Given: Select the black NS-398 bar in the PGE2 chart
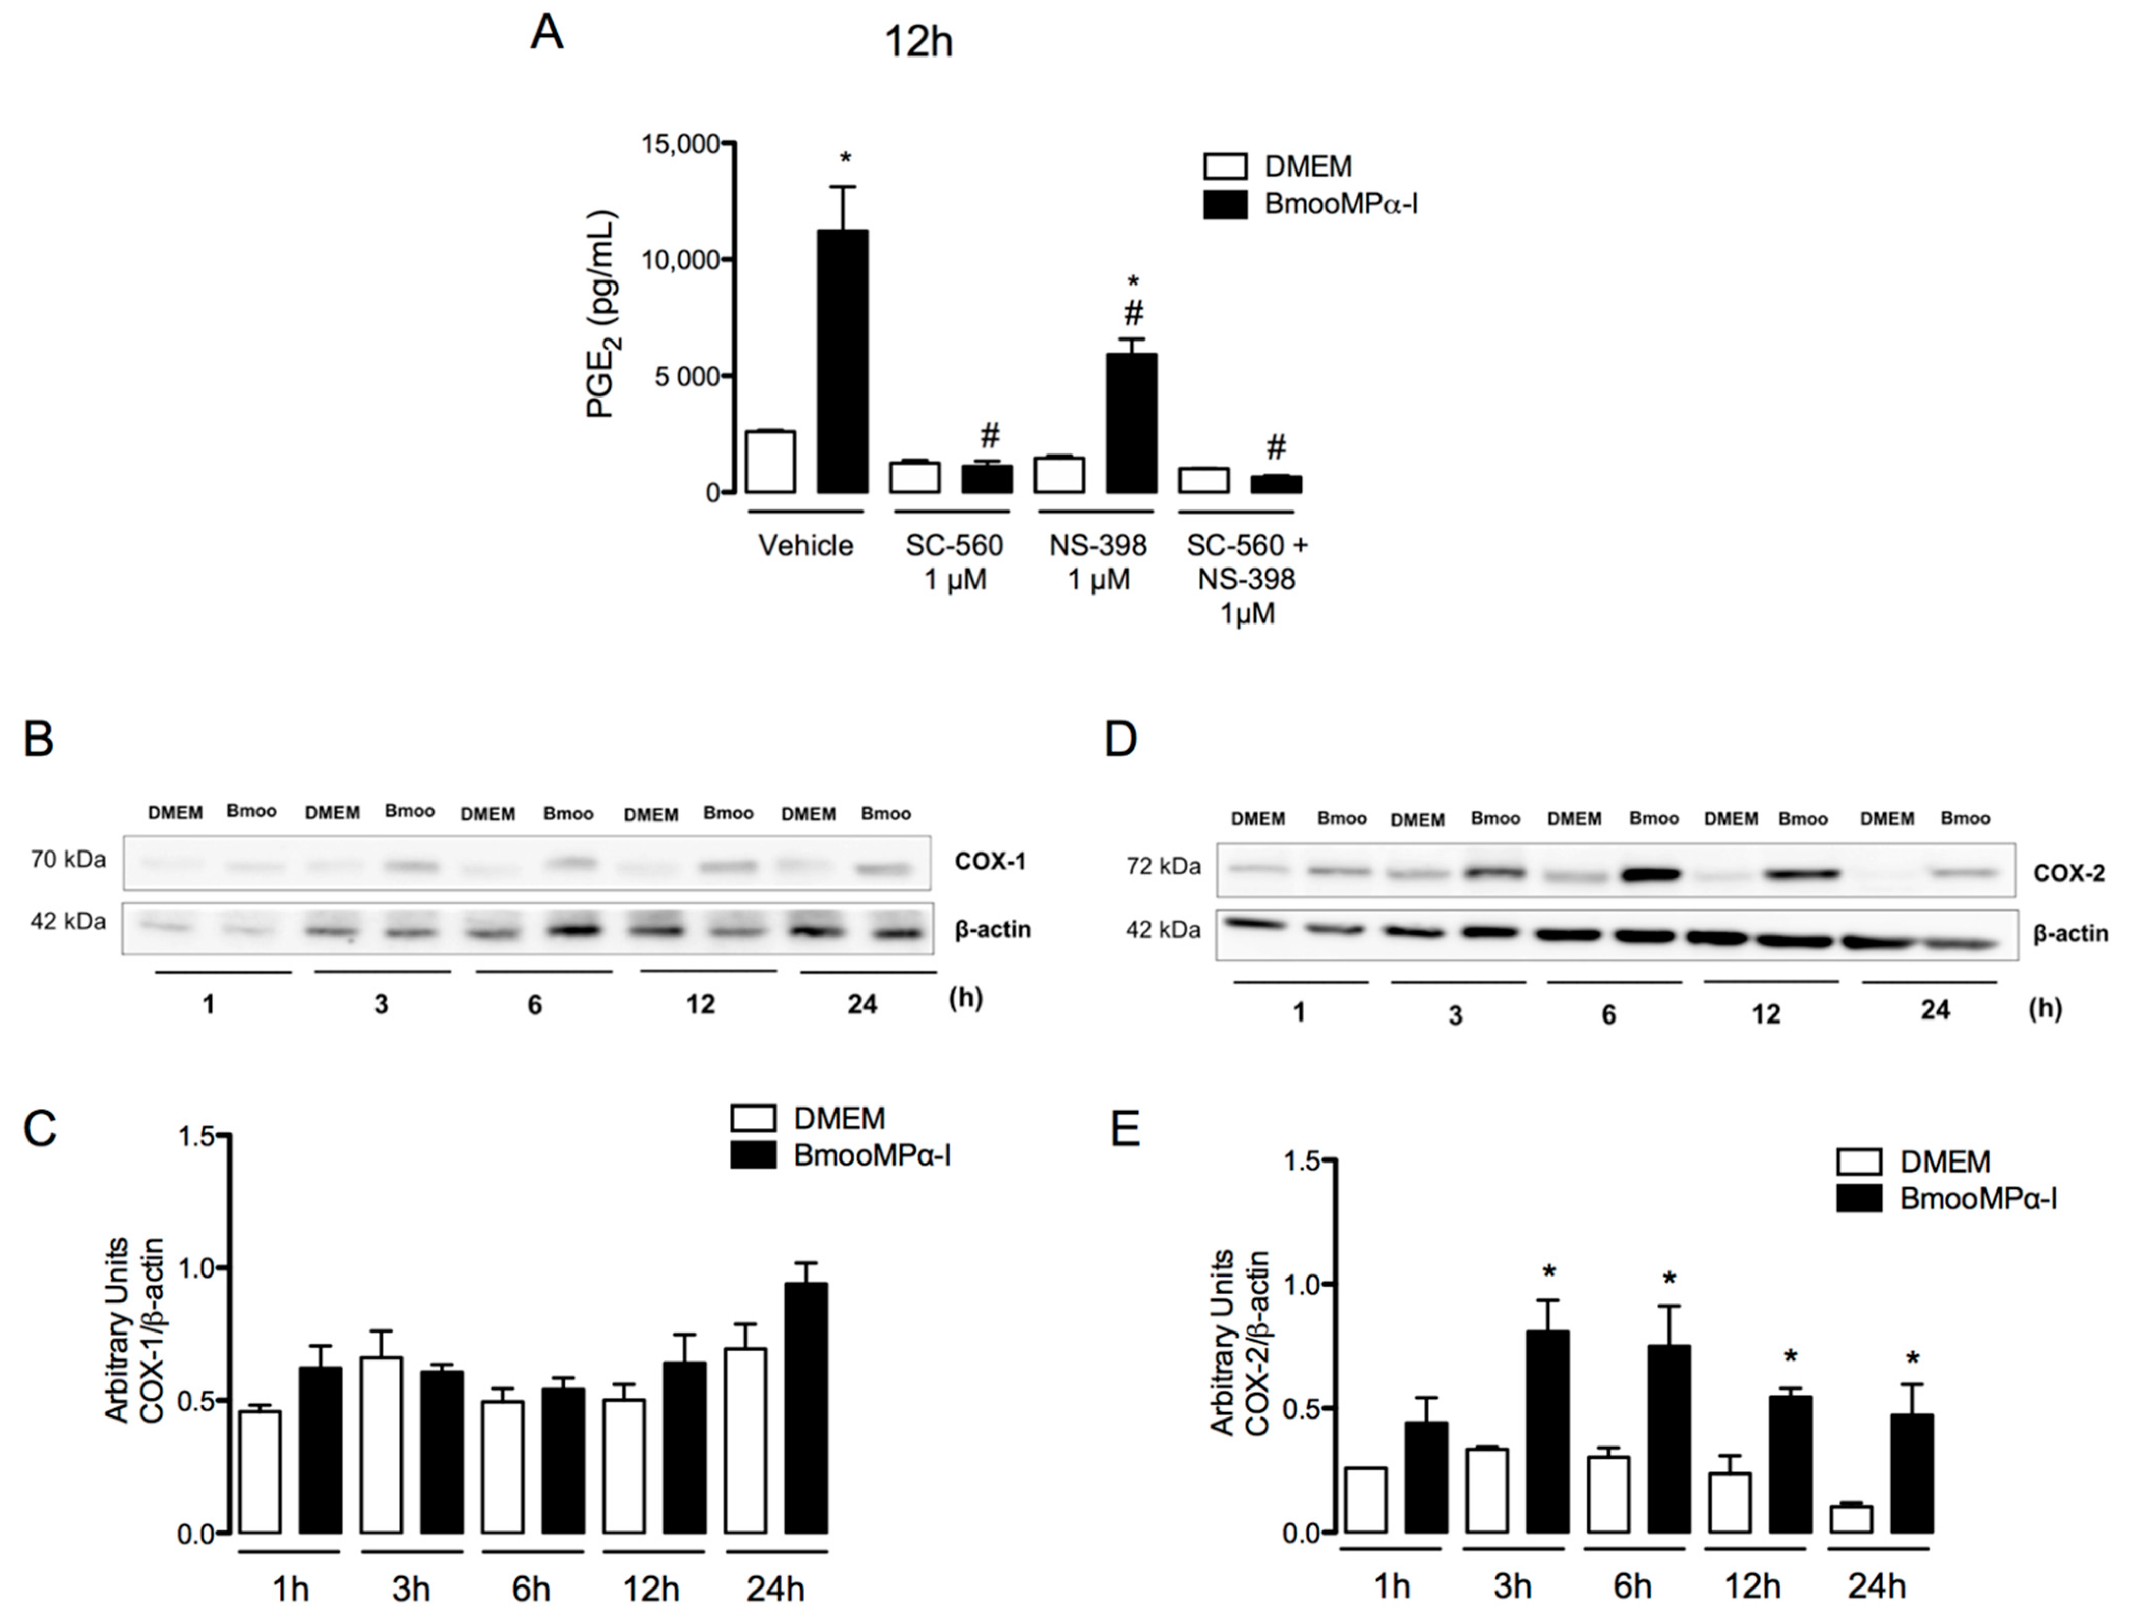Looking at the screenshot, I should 1131,423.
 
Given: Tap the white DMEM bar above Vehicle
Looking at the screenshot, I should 771,462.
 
